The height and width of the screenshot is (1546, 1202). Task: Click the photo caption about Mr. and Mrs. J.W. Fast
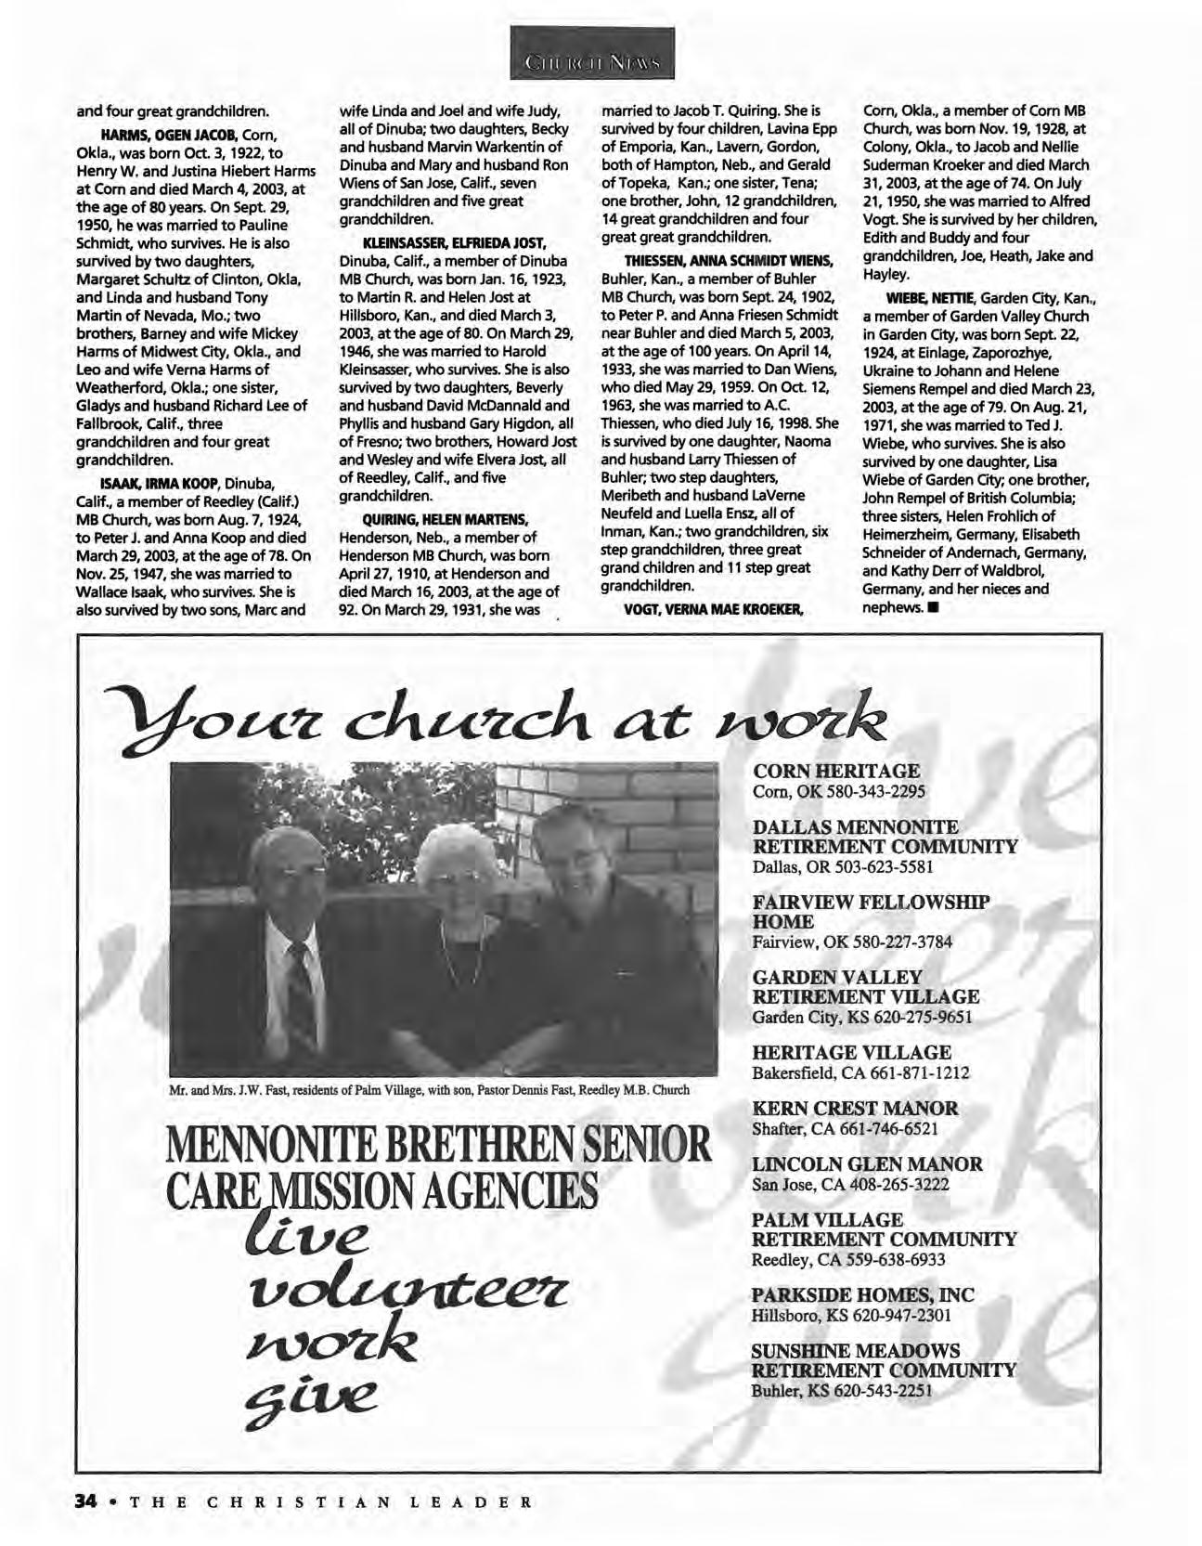click(x=429, y=1090)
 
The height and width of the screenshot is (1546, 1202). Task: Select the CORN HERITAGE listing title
click(x=836, y=771)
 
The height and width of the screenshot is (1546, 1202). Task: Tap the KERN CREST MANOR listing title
click(x=855, y=1108)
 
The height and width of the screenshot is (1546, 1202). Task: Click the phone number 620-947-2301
click(x=891, y=1316)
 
